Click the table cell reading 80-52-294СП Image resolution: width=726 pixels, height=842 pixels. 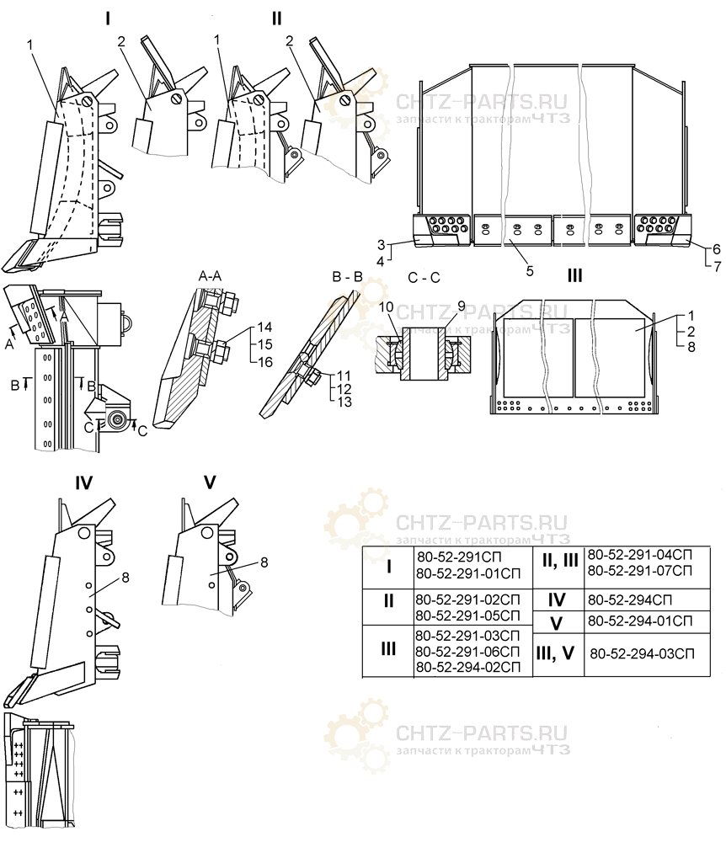(x=629, y=600)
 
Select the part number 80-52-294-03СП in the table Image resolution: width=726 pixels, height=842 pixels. (x=642, y=653)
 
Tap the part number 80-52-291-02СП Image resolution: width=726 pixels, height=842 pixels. (x=467, y=600)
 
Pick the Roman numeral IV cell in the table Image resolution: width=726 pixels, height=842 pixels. (x=557, y=600)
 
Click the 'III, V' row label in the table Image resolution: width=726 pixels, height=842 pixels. (x=555, y=653)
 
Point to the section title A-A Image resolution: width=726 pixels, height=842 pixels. (x=210, y=276)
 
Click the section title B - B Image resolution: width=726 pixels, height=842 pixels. (x=348, y=276)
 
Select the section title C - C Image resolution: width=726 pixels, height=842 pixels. (x=424, y=278)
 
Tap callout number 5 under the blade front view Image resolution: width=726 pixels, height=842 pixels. (x=530, y=270)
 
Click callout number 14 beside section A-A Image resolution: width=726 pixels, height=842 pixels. (x=264, y=327)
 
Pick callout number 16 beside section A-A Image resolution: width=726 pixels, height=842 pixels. (x=264, y=362)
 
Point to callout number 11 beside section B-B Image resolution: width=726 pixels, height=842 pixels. (x=344, y=376)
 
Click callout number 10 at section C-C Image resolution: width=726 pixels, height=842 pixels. (x=386, y=306)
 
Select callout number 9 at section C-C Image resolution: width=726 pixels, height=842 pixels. (x=461, y=306)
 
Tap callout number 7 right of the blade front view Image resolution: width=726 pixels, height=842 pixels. (x=717, y=266)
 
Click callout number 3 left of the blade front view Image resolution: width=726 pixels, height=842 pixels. (x=382, y=245)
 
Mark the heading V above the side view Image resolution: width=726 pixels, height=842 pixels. (x=210, y=482)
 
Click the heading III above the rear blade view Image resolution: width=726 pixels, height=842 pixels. (x=574, y=276)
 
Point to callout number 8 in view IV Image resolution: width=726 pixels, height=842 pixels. (x=125, y=578)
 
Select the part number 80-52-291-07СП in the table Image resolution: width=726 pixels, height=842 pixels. (x=639, y=570)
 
